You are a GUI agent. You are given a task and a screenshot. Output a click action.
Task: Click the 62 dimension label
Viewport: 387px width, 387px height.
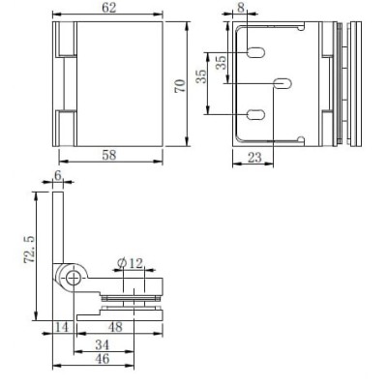108,8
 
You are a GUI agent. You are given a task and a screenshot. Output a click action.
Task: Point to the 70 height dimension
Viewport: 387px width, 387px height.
180,86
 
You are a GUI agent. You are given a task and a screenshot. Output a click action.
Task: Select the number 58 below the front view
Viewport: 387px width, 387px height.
108,155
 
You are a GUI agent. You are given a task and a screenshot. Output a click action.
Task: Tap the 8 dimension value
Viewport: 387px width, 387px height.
241,8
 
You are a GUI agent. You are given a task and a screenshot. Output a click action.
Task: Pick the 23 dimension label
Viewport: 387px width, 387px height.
254,158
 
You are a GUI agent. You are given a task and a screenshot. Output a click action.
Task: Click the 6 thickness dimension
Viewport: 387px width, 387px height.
57,176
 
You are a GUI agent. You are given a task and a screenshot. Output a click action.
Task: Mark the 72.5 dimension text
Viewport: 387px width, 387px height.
29,250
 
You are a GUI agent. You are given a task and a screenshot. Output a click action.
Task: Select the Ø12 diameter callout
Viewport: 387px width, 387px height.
130,263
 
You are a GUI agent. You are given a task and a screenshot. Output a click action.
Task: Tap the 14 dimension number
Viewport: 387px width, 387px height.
62,327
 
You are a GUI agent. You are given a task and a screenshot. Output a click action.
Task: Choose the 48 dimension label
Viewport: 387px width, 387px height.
115,327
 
